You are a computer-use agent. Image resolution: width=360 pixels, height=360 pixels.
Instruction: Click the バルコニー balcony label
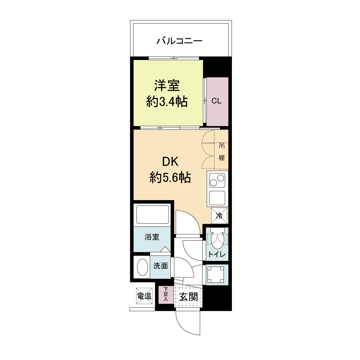pyautogui.click(x=179, y=40)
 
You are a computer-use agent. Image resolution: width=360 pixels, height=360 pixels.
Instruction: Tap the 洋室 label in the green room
pyautogui.click(x=167, y=86)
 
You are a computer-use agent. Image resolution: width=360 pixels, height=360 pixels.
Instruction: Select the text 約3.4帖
pyautogui.click(x=167, y=102)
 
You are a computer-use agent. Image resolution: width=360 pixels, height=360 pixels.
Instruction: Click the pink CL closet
pyautogui.click(x=217, y=101)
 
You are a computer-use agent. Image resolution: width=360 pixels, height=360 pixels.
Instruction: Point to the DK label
pyautogui.click(x=170, y=162)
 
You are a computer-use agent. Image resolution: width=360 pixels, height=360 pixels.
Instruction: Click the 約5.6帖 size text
pyautogui.click(x=170, y=178)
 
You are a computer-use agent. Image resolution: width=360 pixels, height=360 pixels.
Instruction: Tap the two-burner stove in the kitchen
pyautogui.click(x=217, y=180)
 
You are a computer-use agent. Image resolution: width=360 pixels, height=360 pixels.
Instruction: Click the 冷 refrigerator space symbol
pyautogui.click(x=220, y=215)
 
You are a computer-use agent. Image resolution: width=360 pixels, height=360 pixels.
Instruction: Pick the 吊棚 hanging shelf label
pyautogui.click(x=221, y=151)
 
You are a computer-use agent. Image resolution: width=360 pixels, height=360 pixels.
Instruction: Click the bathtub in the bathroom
pyautogui.click(x=152, y=214)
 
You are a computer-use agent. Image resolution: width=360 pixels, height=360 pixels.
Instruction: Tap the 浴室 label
pyautogui.click(x=152, y=237)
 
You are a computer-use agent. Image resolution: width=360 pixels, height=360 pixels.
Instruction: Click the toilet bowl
pyautogui.click(x=217, y=239)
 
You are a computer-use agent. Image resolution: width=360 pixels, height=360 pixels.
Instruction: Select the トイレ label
pyautogui.click(x=217, y=255)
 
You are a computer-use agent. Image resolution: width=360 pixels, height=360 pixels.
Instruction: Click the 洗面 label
pyautogui.click(x=160, y=266)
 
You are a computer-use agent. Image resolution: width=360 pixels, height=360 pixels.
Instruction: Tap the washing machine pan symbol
pyautogui.click(x=217, y=274)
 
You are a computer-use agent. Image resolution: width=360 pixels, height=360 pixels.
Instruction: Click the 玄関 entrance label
pyautogui.click(x=188, y=297)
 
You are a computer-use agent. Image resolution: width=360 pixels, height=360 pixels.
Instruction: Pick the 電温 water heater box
pyautogui.click(x=144, y=296)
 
